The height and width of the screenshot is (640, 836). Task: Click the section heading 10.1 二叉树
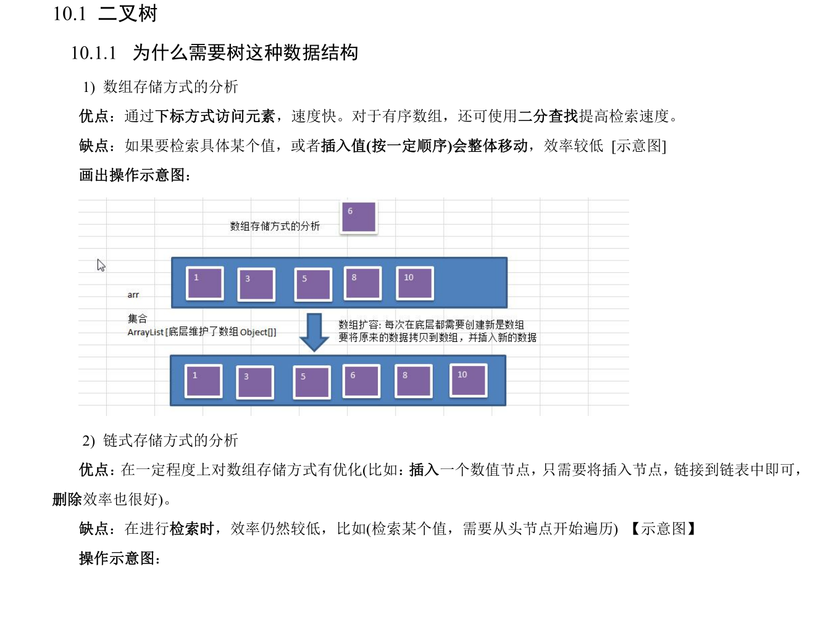pyautogui.click(x=105, y=14)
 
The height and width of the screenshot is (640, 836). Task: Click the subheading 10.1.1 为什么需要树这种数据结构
pyautogui.click(x=214, y=53)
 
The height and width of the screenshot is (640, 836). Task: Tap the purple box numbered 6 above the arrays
pyautogui.click(x=359, y=217)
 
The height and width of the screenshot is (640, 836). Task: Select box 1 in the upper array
pyautogui.click(x=205, y=283)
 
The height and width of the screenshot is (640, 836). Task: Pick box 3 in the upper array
pyautogui.click(x=256, y=285)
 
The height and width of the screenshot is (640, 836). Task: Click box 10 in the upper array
pyautogui.click(x=415, y=283)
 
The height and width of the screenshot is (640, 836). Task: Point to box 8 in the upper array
pyautogui.click(x=363, y=283)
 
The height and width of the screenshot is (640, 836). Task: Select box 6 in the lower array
pyautogui.click(x=361, y=381)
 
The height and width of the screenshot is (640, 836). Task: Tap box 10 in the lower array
pyautogui.click(x=469, y=380)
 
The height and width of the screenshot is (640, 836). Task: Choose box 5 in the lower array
pyautogui.click(x=312, y=382)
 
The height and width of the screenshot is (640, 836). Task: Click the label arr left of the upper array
pyautogui.click(x=133, y=295)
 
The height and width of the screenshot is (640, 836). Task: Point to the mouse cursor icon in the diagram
pyautogui.click(x=101, y=265)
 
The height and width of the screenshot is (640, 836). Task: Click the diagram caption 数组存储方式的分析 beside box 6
pyautogui.click(x=275, y=226)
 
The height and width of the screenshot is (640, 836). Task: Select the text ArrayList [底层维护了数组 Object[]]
pyautogui.click(x=202, y=332)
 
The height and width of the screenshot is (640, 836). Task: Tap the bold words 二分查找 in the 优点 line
pyautogui.click(x=548, y=116)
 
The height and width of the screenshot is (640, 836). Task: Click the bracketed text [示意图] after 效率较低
pyautogui.click(x=638, y=146)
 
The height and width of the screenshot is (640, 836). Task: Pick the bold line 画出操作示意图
pyautogui.click(x=135, y=175)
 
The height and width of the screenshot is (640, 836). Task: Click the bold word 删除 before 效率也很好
pyautogui.click(x=67, y=499)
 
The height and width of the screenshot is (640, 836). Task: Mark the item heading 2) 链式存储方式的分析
pyautogui.click(x=160, y=441)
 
